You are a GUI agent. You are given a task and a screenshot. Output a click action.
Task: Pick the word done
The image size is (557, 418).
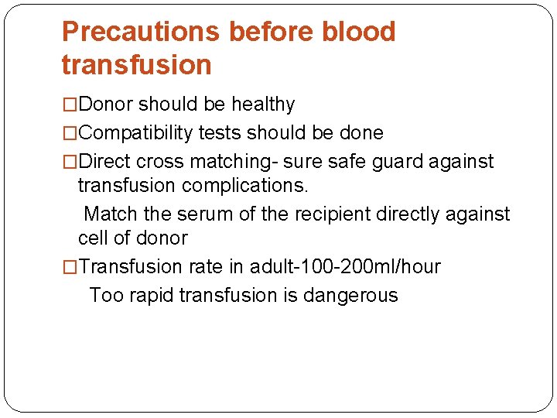(361, 133)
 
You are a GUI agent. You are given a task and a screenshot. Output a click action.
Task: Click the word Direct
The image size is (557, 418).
(104, 162)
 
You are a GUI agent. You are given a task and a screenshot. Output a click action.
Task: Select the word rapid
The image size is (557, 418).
(153, 295)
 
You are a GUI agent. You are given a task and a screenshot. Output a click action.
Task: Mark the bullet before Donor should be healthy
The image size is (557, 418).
(70, 104)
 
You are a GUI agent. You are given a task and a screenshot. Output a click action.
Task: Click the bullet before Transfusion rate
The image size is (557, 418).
(70, 267)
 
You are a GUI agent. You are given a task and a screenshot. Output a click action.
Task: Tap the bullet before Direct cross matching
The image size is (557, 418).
(70, 162)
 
